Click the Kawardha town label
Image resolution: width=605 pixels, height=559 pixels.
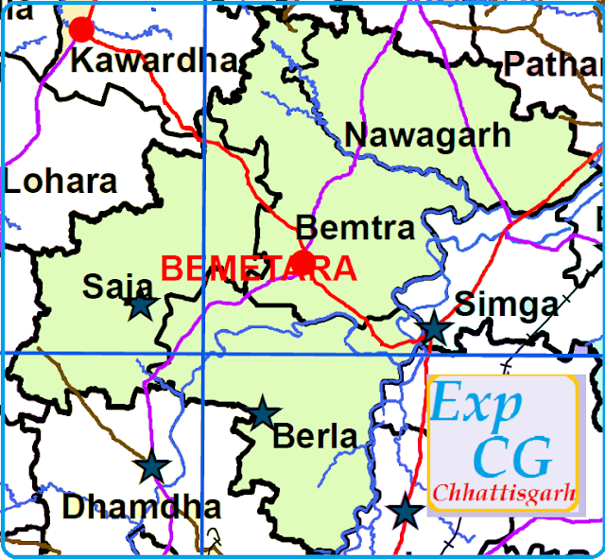[x=154, y=61]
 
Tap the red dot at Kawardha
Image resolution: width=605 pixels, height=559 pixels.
[x=82, y=29]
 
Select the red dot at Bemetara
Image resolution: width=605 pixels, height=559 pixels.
[x=302, y=262]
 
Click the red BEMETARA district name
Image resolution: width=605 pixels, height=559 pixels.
[x=259, y=269]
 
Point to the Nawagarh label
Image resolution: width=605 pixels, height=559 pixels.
[x=427, y=135]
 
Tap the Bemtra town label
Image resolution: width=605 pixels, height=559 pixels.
[x=355, y=228]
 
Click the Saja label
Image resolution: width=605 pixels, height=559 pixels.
[x=118, y=285]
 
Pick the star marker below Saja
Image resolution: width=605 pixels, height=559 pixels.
[x=141, y=306]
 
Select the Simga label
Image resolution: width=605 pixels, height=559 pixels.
[x=507, y=305]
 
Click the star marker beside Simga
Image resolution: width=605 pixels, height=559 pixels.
[x=434, y=327]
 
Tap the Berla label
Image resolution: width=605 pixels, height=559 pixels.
[x=315, y=436]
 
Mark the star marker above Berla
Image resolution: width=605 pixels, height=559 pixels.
[x=263, y=412]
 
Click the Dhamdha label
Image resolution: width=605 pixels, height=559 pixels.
[x=141, y=507]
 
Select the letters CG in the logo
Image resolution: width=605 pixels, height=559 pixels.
[x=511, y=458]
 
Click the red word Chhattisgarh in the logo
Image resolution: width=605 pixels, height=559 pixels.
[x=503, y=494]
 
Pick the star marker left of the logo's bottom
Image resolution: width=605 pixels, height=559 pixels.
[x=406, y=512]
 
